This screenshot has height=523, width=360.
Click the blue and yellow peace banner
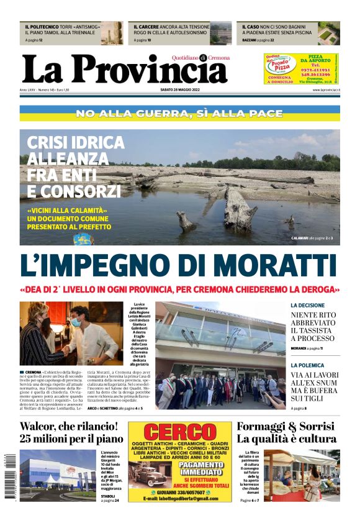click(179, 114)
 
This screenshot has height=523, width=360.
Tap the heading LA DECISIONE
click(307, 306)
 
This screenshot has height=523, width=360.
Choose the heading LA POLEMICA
click(307, 365)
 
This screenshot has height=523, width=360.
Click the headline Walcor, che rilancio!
click(68, 427)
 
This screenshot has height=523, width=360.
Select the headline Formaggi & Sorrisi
click(286, 427)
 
